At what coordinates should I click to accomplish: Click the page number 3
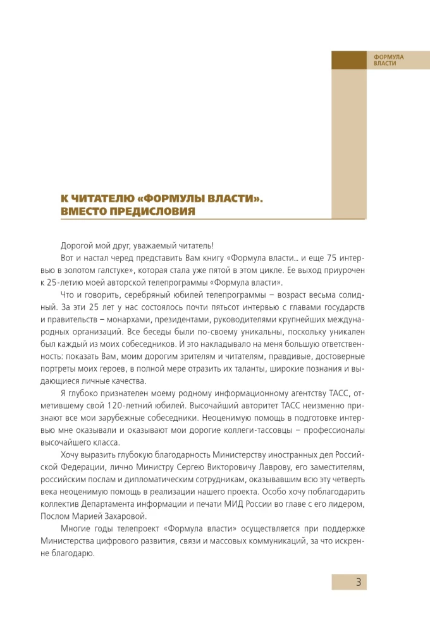358,582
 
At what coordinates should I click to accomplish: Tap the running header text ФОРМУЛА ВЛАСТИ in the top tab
388,61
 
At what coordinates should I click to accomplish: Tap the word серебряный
148,295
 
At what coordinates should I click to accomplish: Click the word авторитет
263,405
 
